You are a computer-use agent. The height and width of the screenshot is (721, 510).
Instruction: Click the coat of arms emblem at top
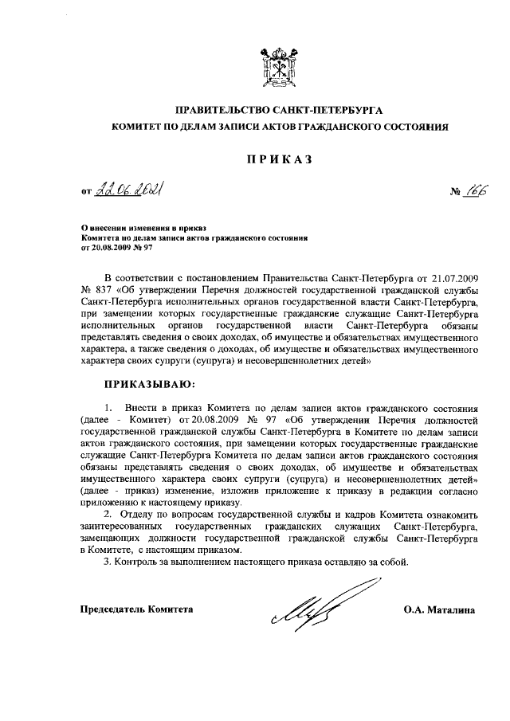click(x=280, y=68)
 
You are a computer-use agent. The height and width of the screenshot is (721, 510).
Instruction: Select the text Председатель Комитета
click(x=136, y=610)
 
